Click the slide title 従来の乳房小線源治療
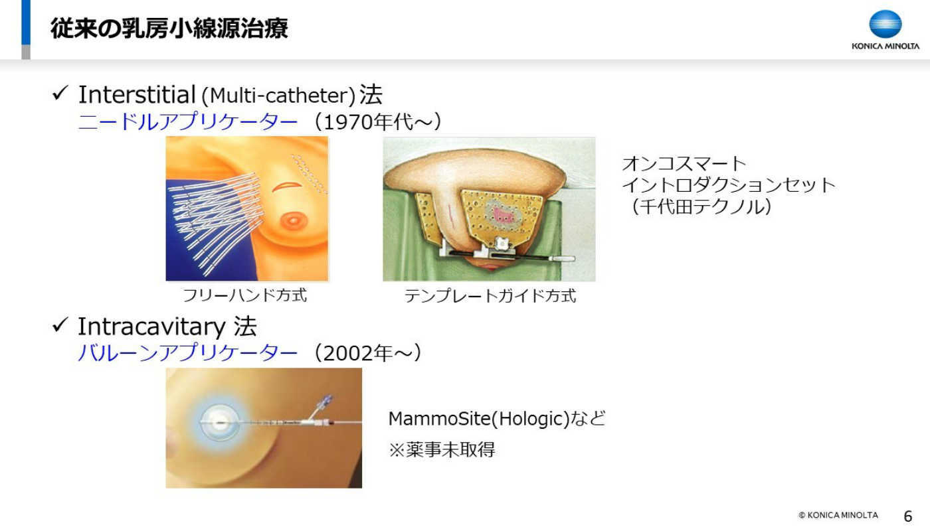point(169,28)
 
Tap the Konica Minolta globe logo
point(885,24)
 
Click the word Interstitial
point(137,94)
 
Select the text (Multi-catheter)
point(278,96)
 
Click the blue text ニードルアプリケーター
point(187,121)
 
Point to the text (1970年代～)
point(377,121)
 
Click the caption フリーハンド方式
point(244,295)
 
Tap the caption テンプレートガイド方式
point(490,296)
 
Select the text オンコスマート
point(684,163)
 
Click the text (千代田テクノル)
point(701,206)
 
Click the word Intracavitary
point(151,326)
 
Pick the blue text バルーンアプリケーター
point(187,353)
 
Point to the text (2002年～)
point(367,353)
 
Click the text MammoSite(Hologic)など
point(497,419)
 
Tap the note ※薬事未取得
point(442,449)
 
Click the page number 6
point(907,516)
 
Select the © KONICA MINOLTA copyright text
point(838,515)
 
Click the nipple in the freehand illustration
point(292,220)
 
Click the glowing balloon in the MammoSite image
point(219,423)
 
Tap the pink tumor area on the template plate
point(504,214)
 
